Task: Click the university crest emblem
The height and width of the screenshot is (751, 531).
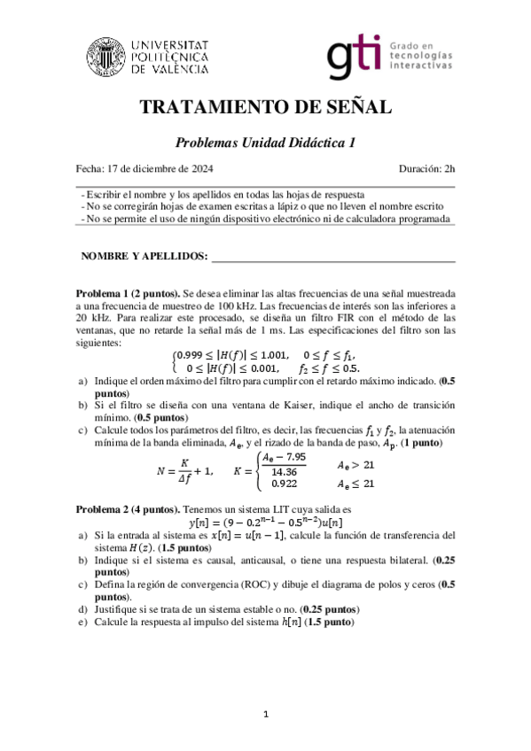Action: click(107, 55)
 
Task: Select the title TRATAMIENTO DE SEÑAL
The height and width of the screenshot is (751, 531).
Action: click(265, 108)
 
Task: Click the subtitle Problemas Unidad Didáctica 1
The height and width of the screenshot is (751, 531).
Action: click(265, 142)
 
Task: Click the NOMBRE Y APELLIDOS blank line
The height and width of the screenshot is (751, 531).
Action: click(332, 258)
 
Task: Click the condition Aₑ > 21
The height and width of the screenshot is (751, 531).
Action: click(355, 464)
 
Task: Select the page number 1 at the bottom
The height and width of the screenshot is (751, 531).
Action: click(265, 714)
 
